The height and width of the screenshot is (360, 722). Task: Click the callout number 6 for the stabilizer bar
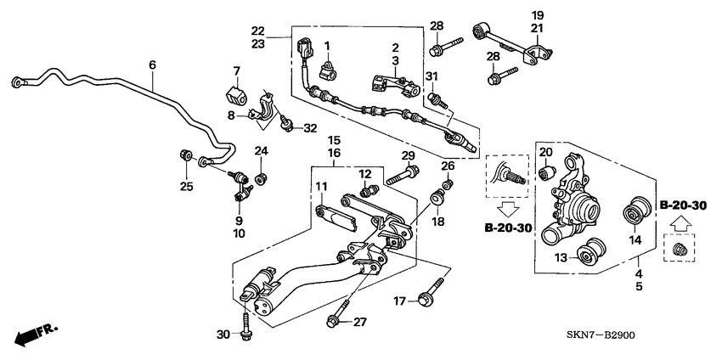(x=153, y=65)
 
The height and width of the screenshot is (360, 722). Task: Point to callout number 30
(x=223, y=334)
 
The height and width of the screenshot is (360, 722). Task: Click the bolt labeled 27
(x=333, y=320)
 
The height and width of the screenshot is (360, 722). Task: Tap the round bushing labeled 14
(x=634, y=213)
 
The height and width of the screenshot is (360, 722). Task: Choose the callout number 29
(x=409, y=155)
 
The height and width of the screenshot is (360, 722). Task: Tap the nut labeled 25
(x=186, y=155)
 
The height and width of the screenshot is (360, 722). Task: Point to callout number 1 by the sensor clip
(x=324, y=45)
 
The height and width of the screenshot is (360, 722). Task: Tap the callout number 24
(x=262, y=151)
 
